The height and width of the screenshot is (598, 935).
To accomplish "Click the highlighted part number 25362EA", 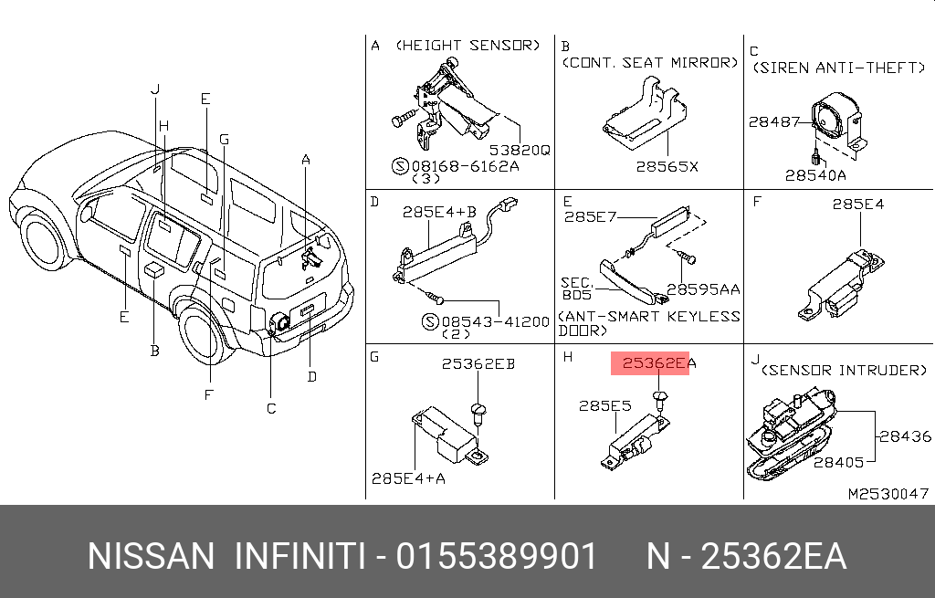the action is coord(658,363).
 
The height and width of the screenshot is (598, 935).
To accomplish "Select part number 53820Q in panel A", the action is coord(520,151).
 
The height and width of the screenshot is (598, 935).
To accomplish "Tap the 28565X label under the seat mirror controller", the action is coord(667,167).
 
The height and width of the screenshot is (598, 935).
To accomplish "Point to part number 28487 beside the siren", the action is coord(774,121).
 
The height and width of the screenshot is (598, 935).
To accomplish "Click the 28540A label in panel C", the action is coord(815,175).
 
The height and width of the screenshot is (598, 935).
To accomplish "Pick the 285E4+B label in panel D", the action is coord(439,212).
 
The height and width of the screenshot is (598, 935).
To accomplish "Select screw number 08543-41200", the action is coord(495,322).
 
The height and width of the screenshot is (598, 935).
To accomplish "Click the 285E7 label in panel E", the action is coord(591,216).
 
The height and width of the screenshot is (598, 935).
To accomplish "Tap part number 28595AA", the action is coord(703,289).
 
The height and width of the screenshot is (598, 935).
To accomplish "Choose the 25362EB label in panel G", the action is coord(478,363).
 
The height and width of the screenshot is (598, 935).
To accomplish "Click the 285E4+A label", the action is coord(408,478).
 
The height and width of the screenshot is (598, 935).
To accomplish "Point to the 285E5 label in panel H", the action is coord(604,406).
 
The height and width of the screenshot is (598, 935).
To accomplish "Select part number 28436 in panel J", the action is coord(905,436).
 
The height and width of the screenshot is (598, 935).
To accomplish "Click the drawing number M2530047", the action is coord(888,494).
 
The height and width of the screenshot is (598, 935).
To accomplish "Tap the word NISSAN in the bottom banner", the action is coord(151,557).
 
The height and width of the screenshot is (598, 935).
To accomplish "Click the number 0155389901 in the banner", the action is coord(496,557).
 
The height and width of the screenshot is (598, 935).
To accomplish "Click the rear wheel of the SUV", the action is coord(204,336).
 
